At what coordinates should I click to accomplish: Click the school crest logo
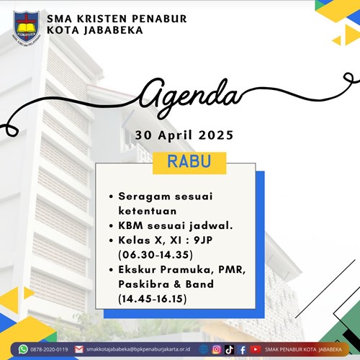coord(27,28)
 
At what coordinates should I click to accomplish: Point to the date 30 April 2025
coord(184,135)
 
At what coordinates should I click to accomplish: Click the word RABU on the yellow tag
coord(189,161)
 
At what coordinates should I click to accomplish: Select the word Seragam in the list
coord(144,197)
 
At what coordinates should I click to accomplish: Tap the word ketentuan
coord(148,211)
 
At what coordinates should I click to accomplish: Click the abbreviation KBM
coord(130,225)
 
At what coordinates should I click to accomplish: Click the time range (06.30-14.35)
coord(156,255)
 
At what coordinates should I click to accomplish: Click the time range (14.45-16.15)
coord(153,299)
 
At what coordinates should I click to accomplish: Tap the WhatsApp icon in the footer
coord(23,349)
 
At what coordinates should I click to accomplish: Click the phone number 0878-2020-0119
coord(49,349)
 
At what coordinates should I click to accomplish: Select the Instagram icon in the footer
coord(217,349)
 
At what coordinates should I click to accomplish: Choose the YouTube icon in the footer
coord(256,349)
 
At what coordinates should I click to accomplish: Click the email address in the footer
coord(138,349)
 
